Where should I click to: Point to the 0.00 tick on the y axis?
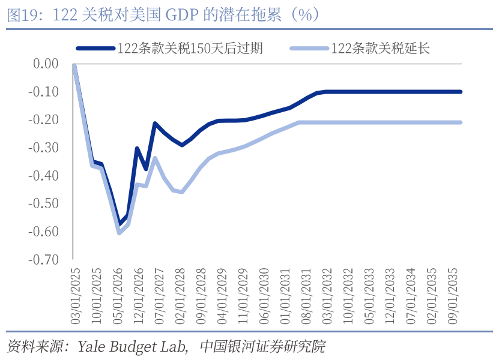46,64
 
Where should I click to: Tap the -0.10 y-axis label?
44,92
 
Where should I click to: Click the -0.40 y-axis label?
44,176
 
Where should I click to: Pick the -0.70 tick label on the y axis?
44,260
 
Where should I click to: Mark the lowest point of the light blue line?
119,232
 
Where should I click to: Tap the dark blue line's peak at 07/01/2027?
155,124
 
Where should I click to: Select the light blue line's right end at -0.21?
460,122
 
